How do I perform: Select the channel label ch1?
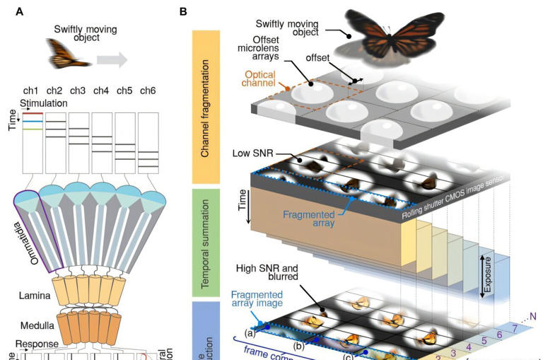(x=31, y=91)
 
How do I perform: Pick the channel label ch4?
(x=100, y=91)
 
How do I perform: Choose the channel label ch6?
(x=147, y=91)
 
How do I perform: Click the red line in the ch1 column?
(x=33, y=112)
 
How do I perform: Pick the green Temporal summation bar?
(x=207, y=240)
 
